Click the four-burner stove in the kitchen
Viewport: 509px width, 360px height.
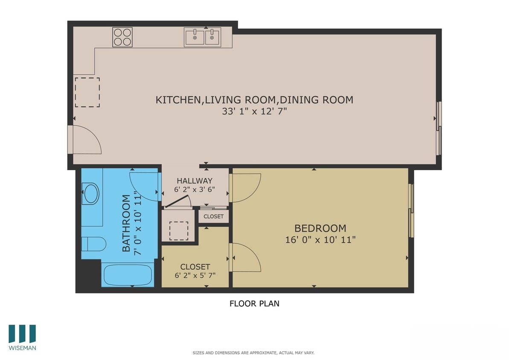click(x=122, y=37)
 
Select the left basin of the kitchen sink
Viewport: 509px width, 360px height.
click(x=195, y=37)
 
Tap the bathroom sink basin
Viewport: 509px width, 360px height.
click(x=91, y=194)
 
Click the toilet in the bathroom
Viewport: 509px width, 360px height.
click(x=93, y=244)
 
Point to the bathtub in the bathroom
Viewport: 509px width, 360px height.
click(x=128, y=275)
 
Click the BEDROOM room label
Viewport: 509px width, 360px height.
click(x=320, y=228)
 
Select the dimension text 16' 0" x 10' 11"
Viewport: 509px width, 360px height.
click(x=320, y=240)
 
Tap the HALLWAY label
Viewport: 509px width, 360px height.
click(x=195, y=181)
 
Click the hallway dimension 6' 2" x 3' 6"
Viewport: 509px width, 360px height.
click(x=195, y=189)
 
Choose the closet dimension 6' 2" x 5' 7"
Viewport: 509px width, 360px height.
click(x=195, y=276)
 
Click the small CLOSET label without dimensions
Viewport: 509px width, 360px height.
click(x=213, y=216)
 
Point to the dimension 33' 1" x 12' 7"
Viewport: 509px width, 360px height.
click(x=254, y=111)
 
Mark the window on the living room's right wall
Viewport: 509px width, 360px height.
click(x=439, y=128)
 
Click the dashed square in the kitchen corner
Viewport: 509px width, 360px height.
click(x=87, y=93)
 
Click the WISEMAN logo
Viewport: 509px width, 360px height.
click(x=22, y=337)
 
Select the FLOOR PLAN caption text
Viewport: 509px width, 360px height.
click(x=254, y=304)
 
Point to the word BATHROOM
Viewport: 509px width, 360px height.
click(x=126, y=223)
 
